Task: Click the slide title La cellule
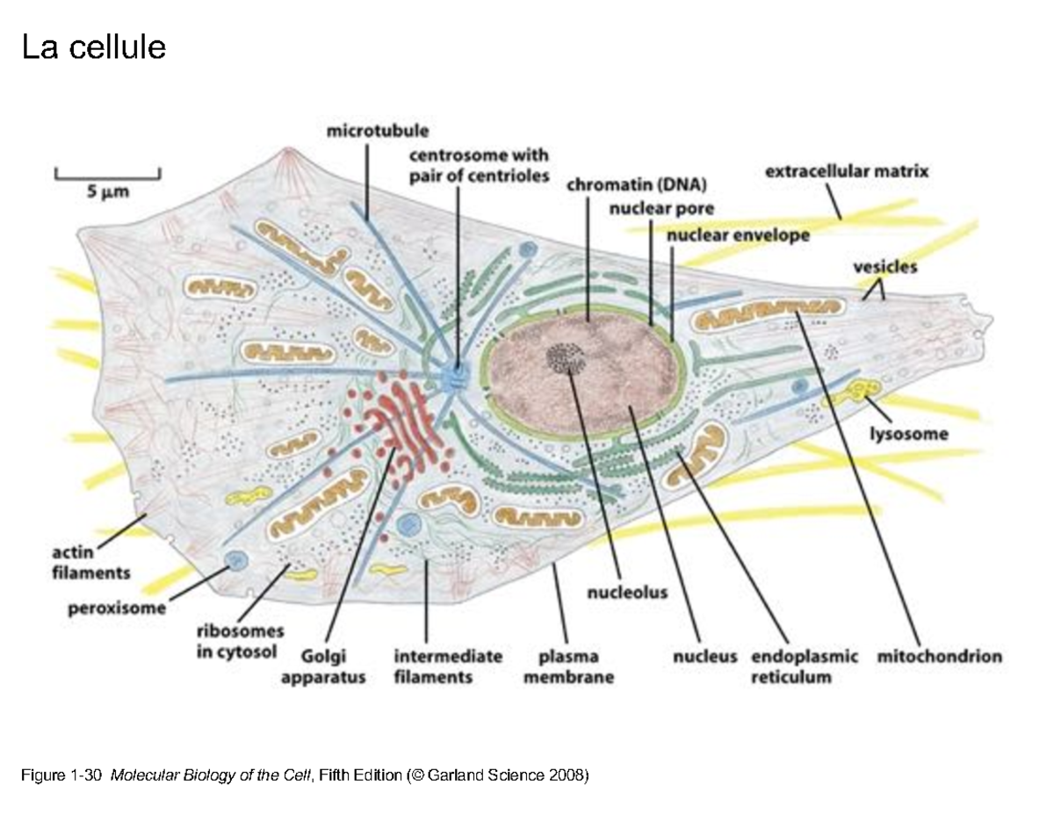click(93, 47)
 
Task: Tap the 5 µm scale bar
click(106, 175)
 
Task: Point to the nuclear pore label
click(661, 209)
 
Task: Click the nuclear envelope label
click(738, 234)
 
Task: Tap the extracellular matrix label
click(846, 172)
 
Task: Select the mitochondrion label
click(940, 656)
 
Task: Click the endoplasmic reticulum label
click(803, 666)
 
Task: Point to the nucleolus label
click(626, 593)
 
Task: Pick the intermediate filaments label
click(448, 666)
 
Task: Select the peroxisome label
click(117, 609)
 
